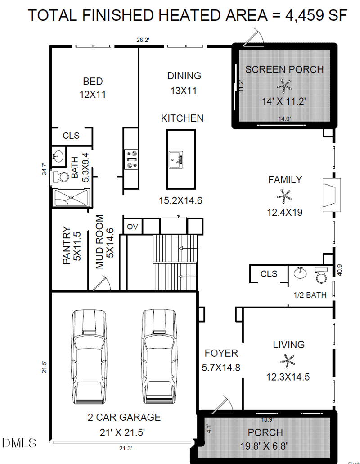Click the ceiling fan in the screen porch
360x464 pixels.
tap(284, 86)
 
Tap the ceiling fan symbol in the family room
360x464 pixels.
tap(284, 196)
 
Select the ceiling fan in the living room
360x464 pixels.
tap(288, 361)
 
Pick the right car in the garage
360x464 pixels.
tap(160, 357)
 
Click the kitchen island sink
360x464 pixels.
tap(176, 160)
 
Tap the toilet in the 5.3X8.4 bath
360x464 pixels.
tap(61, 177)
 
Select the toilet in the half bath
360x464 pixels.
tap(321, 275)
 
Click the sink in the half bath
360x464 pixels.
tap(300, 273)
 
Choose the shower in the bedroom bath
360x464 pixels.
tap(71, 197)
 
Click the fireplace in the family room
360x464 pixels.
tap(331, 195)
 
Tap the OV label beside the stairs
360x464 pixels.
tap(132, 227)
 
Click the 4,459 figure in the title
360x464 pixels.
tap(303, 15)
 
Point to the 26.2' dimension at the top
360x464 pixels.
tap(143, 40)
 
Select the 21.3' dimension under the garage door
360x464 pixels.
tap(125, 449)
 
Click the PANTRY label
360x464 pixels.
tap(67, 246)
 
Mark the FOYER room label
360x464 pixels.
tap(221, 353)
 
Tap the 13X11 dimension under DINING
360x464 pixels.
tap(184, 91)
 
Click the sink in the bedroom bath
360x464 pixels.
tap(58, 155)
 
